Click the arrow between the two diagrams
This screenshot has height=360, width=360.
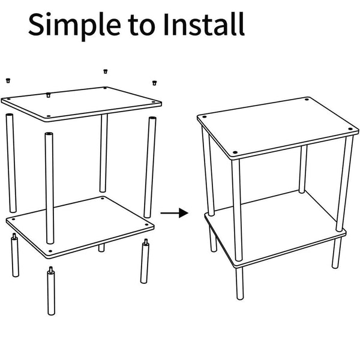[175, 213]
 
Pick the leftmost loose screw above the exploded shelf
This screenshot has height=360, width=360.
[8, 79]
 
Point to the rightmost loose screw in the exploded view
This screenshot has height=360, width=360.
[154, 82]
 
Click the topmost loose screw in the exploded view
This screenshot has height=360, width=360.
[106, 71]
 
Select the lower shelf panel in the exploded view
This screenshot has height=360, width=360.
[81, 222]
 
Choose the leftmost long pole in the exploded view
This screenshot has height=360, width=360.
[11, 162]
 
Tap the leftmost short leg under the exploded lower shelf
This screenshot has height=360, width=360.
[14, 256]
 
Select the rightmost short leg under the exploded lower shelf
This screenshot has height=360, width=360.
[145, 261]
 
